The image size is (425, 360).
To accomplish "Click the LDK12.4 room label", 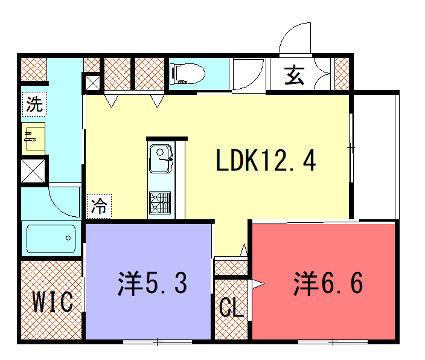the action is (266, 160).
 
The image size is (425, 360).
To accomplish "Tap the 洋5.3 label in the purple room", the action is (152, 283).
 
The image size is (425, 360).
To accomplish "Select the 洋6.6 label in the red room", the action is (328, 283).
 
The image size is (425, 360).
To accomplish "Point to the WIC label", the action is (53, 302).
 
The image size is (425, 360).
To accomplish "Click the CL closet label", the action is (231, 307).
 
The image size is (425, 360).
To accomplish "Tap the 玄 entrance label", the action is (294, 75).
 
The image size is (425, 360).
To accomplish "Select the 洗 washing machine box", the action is (34, 104).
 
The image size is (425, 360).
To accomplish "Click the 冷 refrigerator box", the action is (99, 206).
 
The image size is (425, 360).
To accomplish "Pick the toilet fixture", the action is (187, 74).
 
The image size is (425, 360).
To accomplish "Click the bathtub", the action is (51, 238).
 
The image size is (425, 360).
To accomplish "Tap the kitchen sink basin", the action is (161, 159).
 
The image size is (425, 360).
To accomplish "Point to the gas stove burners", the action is (160, 202).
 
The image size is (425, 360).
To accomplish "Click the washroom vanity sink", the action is (33, 138).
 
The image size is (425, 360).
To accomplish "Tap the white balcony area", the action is (374, 157).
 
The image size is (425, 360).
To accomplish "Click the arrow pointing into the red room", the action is (258, 284).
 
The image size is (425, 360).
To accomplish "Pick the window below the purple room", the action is (157, 342).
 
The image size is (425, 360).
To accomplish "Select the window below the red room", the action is (333, 342).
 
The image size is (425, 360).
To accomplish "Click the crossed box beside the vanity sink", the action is (33, 171).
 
